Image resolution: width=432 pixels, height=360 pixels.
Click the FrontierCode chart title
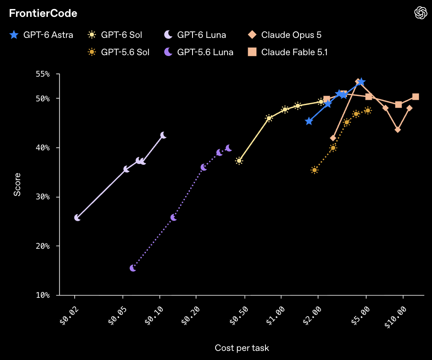(43, 13)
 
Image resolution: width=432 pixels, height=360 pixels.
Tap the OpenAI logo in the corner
(421, 13)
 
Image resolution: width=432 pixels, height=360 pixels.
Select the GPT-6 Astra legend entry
(41, 35)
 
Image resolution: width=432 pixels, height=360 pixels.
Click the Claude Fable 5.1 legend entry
(288, 52)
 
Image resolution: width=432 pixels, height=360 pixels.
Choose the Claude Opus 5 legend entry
(284, 35)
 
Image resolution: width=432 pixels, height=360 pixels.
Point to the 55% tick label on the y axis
(43, 74)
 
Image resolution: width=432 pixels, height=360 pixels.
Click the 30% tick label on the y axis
(43, 197)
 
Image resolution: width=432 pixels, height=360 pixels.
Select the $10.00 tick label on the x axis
(396, 317)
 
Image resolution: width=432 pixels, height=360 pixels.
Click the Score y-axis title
(17, 185)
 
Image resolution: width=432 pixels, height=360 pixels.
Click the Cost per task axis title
(242, 348)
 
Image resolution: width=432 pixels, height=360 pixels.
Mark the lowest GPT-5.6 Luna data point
(133, 268)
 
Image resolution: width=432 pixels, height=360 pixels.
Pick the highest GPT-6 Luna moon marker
(163, 135)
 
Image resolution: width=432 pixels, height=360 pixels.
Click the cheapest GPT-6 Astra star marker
(309, 121)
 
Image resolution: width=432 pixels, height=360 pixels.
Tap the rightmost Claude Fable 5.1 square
(416, 97)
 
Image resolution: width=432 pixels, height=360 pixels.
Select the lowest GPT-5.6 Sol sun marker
(315, 170)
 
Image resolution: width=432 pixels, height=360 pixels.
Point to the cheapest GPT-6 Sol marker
(239, 161)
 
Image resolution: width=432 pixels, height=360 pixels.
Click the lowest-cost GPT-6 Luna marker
(77, 218)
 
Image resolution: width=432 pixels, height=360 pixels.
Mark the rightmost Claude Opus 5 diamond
(409, 108)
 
